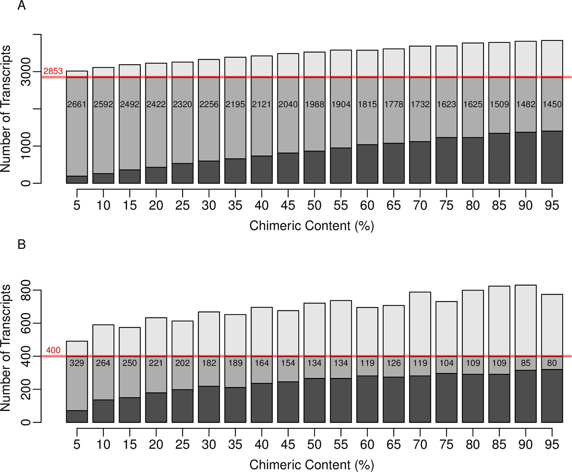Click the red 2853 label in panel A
pyautogui.click(x=53, y=71)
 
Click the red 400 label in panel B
pyautogui.click(x=53, y=350)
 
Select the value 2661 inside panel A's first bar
pyautogui.click(x=77, y=104)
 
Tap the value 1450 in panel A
pyautogui.click(x=552, y=104)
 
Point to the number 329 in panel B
pyautogui.click(x=77, y=363)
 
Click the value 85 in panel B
pyautogui.click(x=526, y=363)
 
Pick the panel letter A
pyautogui.click(x=21, y=6)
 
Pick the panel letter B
pyautogui.click(x=21, y=245)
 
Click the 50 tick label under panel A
pyautogui.click(x=314, y=206)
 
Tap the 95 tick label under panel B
pyautogui.click(x=552, y=444)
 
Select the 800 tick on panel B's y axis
pyautogui.click(x=26, y=290)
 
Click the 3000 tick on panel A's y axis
pyautogui.click(x=26, y=72)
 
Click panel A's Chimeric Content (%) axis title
pyautogui.click(x=312, y=226)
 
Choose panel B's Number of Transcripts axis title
pyautogui.click(x=6, y=348)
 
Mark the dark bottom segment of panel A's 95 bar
pyautogui.click(x=552, y=157)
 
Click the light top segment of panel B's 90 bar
pyautogui.click(x=526, y=320)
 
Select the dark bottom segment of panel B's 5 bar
pyautogui.click(x=77, y=416)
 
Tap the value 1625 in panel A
pyautogui.click(x=473, y=104)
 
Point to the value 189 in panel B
pyautogui.click(x=235, y=363)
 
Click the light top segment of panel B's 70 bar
pyautogui.click(x=420, y=323)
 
